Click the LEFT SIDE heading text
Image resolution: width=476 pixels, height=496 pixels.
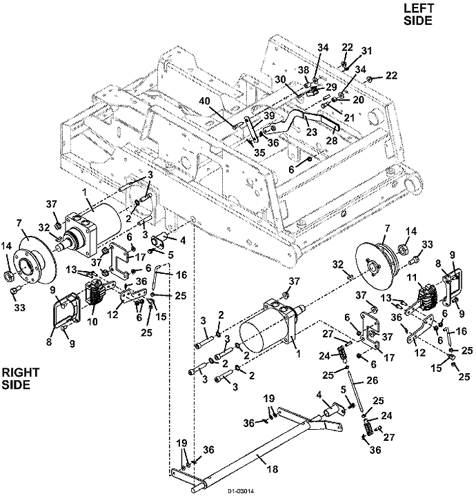[x=418, y=14]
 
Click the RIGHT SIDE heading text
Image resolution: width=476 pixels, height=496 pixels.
[x=21, y=379]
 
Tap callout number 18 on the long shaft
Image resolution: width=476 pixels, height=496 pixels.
[x=272, y=469]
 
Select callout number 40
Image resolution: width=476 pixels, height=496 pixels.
[x=205, y=101]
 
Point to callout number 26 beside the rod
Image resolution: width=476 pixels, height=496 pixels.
[x=372, y=380]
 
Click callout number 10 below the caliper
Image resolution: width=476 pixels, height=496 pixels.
[x=92, y=321]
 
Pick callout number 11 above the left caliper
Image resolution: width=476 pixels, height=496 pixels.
[x=421, y=278]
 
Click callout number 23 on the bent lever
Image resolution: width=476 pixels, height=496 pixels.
[x=312, y=132]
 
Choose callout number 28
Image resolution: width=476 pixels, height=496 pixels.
[x=332, y=140]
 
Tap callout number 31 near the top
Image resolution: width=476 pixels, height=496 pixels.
[x=366, y=51]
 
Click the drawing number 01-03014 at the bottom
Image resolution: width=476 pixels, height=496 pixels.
[x=241, y=491]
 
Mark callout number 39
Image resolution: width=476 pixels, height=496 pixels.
[x=269, y=116]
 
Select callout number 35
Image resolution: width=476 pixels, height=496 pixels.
[x=259, y=153]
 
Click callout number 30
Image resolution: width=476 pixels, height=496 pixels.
[x=280, y=80]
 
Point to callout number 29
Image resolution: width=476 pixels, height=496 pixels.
[x=331, y=87]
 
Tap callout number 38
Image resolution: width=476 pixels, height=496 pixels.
[x=304, y=69]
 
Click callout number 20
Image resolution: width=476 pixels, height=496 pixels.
[x=359, y=100]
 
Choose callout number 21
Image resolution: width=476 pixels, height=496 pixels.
[x=349, y=118]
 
